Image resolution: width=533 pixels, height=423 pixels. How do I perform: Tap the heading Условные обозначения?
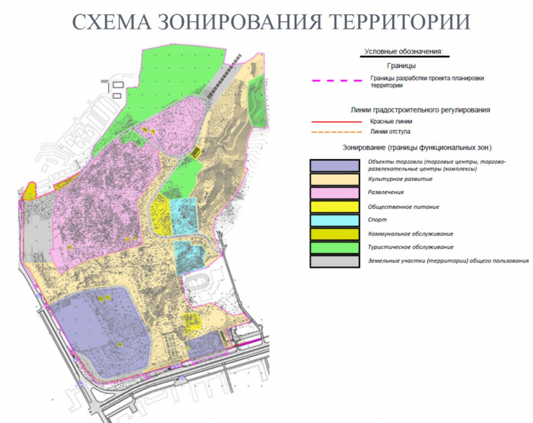[x=404, y=52]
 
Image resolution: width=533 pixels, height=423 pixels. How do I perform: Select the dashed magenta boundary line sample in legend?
[x=336, y=81]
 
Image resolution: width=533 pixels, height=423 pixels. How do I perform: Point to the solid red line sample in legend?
[x=336, y=122]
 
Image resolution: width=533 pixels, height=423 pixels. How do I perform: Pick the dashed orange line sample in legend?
[x=336, y=131]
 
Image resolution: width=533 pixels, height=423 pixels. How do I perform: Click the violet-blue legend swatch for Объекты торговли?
[x=334, y=165]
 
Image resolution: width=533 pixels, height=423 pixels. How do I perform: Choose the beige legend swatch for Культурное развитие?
[x=334, y=179]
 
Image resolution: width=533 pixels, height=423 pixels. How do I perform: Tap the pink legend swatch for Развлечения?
[x=334, y=192]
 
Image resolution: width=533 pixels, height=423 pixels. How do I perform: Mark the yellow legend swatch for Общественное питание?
[x=334, y=206]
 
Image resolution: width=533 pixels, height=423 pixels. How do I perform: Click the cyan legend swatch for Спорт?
[x=334, y=220]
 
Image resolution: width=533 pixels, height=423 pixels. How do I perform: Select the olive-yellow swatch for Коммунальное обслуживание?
[x=334, y=234]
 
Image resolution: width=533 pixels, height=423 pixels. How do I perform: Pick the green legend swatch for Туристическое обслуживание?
[x=334, y=247]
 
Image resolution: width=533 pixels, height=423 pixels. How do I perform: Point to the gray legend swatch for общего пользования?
[x=334, y=261]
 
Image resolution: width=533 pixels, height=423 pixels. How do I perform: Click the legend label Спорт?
[x=377, y=220]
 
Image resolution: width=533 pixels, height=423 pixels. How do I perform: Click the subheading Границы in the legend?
[x=402, y=66]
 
